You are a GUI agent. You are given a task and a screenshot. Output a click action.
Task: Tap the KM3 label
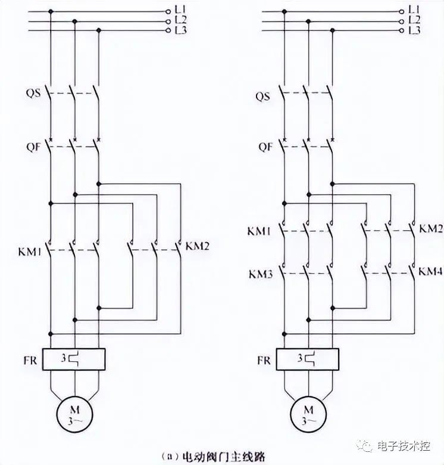[x=261, y=274]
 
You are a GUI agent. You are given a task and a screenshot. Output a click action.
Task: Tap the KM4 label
[x=431, y=271]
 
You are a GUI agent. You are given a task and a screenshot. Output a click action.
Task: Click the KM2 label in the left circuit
[x=198, y=246]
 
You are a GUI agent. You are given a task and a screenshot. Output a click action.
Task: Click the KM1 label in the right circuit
[x=259, y=231]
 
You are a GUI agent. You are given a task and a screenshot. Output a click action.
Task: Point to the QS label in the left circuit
[x=33, y=93]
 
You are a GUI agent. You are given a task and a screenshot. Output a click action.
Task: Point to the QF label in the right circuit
[x=265, y=147]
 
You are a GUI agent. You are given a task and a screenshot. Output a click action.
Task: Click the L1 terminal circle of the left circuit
[x=168, y=11]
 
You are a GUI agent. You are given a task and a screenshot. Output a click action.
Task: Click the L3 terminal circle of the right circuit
[x=402, y=30]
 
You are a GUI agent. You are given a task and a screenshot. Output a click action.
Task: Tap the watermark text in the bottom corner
[x=403, y=446]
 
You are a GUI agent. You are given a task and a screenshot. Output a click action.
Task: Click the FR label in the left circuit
[x=30, y=360]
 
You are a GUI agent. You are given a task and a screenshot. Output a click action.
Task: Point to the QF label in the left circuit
[x=33, y=147]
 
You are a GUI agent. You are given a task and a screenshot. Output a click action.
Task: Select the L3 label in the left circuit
[x=181, y=30]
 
